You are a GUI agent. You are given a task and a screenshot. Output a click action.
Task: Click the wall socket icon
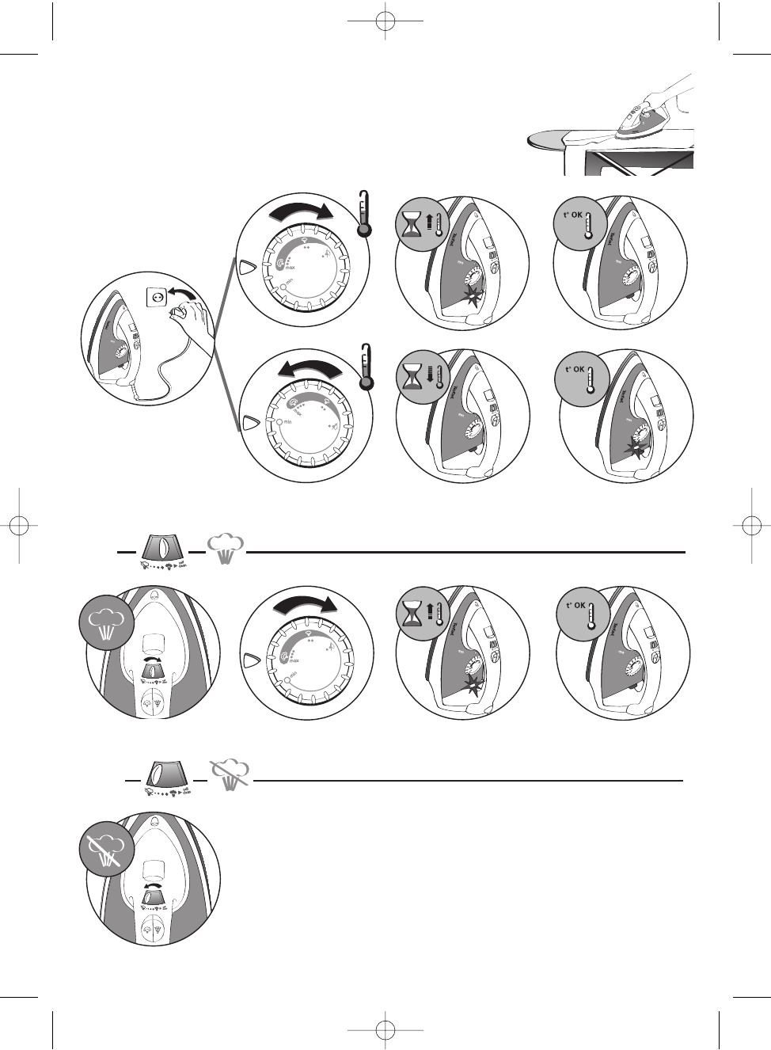coord(157,296)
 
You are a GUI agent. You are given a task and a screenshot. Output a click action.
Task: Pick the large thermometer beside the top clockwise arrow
coord(363,214)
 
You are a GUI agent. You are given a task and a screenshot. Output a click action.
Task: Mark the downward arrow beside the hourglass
coord(429,372)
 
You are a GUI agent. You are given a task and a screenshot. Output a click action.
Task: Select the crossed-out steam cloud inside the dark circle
coord(104,850)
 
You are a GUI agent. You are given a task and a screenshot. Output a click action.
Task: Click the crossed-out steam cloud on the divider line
coord(230,773)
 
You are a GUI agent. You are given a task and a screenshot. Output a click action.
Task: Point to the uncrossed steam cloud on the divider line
coord(226,547)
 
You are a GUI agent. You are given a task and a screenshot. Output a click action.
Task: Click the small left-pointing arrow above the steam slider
coord(154,885)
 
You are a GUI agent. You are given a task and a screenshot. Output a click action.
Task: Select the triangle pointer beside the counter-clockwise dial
coord(250,422)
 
